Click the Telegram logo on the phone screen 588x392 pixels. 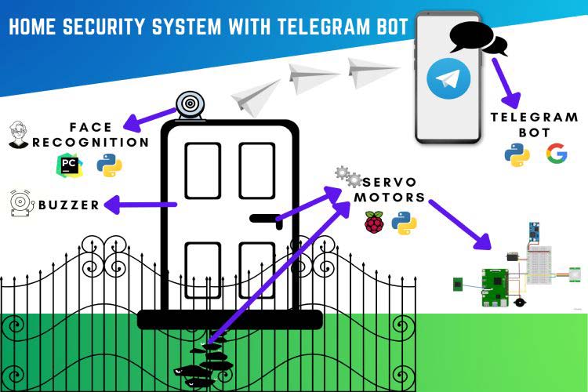448,79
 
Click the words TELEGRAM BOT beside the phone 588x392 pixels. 534,125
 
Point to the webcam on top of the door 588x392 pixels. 190,105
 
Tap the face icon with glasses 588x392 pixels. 19,134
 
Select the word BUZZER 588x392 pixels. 69,205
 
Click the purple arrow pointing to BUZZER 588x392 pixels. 140,205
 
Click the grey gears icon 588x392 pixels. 347,176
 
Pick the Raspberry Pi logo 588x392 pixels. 374,223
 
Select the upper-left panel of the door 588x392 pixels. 201,171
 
